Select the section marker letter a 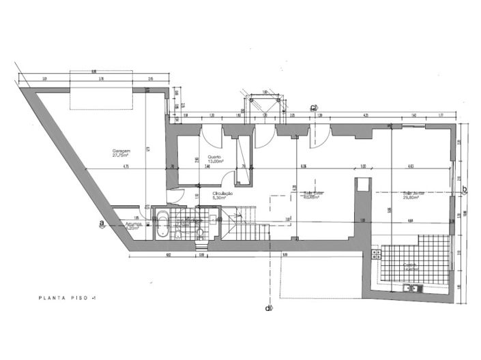(x=101, y=223)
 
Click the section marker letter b (x=465, y=190)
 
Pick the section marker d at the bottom (x=269, y=307)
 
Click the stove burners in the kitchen (x=375, y=254)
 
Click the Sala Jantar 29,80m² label (x=413, y=195)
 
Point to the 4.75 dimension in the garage (x=126, y=167)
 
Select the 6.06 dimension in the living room (x=304, y=166)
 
